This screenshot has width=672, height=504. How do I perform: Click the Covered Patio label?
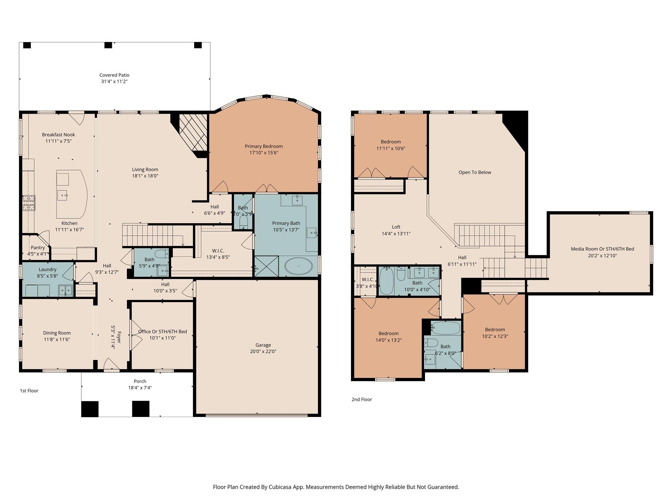pos(114,75)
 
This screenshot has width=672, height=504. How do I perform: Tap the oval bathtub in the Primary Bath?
pos(298,266)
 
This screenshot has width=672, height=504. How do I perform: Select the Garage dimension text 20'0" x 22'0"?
pos(263,351)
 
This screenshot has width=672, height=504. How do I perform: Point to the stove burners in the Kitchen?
pos(29,202)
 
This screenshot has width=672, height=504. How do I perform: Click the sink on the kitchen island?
pos(62,195)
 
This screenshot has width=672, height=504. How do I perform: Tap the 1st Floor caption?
pos(29,390)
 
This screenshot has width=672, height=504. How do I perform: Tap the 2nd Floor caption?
pos(362,399)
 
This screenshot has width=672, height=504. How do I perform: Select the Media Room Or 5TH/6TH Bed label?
pos(602,249)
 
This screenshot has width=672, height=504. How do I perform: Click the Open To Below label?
pos(474,172)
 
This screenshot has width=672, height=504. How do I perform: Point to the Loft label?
pos(396,227)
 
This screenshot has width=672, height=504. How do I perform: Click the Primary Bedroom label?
pos(263,146)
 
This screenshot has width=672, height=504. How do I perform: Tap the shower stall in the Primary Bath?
pos(266,266)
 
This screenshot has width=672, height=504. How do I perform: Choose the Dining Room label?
pos(57,333)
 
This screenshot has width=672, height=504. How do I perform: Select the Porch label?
pos(140,381)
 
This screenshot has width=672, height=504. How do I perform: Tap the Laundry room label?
pos(48,269)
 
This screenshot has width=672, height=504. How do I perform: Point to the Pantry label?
pos(38,248)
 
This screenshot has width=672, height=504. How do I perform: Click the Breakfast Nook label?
pos(58,135)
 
